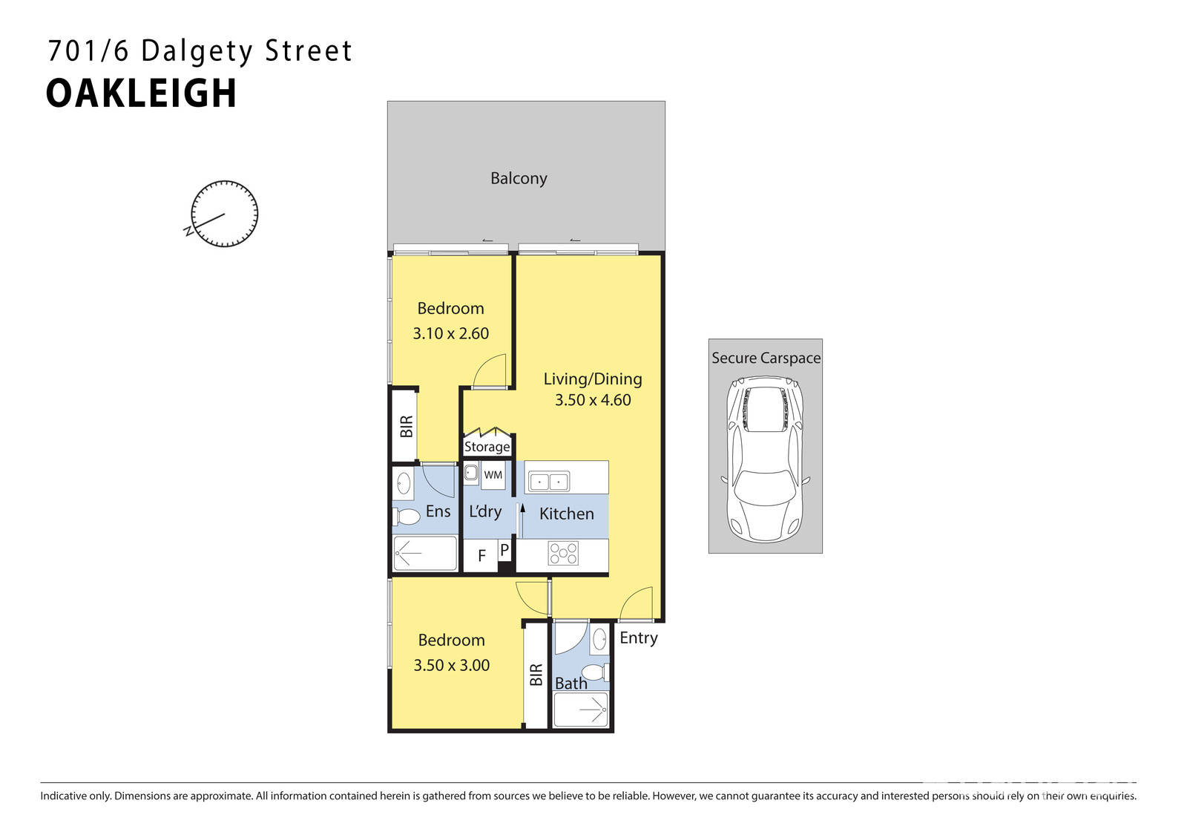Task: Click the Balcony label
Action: pos(519,178)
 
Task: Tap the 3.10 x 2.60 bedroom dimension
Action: pos(450,333)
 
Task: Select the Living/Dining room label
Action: pos(593,379)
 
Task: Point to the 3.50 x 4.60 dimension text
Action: pos(593,400)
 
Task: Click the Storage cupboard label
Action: pos(487,447)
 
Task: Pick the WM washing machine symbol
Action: pos(493,475)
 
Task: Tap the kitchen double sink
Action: pos(548,482)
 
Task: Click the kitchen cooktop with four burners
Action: pos(563,553)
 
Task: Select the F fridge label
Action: pos(481,556)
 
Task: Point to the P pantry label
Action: pos(504,550)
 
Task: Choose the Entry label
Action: pos(638,638)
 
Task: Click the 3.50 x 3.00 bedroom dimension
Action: pos(451,665)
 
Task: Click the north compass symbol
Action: pos(224,214)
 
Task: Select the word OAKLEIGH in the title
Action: pos(141,94)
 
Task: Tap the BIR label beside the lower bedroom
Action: pos(536,675)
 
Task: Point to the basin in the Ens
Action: pos(404,483)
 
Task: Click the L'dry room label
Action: pos(485,511)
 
